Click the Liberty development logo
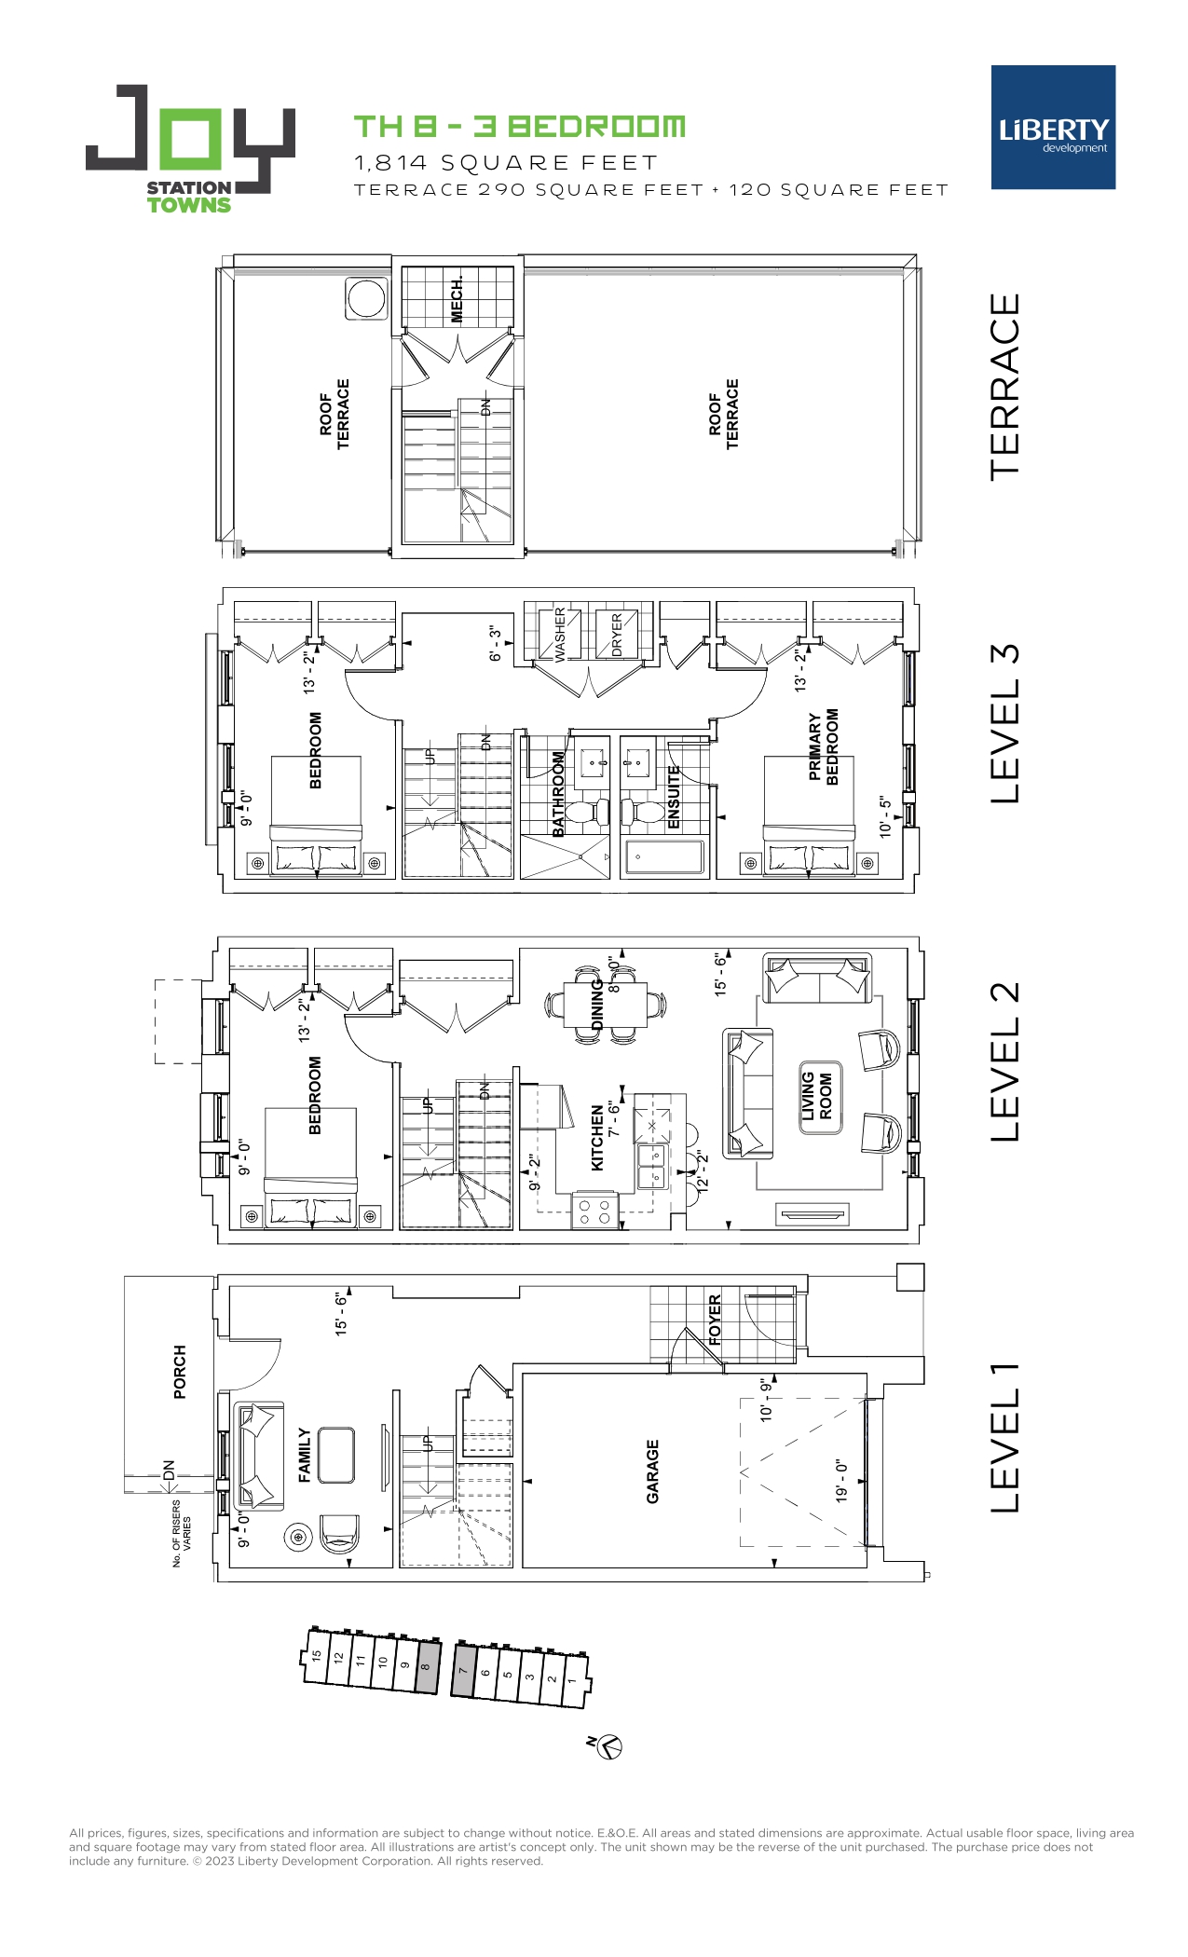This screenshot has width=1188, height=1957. pyautogui.click(x=1053, y=128)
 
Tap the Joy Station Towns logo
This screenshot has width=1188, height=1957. pyautogui.click(x=191, y=149)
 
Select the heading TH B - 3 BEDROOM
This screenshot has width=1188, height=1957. pyautogui.click(x=520, y=127)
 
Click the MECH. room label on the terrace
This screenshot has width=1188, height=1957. pyautogui.click(x=457, y=299)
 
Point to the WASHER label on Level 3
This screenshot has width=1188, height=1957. pyautogui.click(x=560, y=634)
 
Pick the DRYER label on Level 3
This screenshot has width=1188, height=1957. pyautogui.click(x=617, y=635)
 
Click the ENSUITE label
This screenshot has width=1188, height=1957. pyautogui.click(x=674, y=797)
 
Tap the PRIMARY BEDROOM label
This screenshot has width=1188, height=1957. pyautogui.click(x=824, y=746)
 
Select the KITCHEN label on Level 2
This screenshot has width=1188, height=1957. pyautogui.click(x=597, y=1138)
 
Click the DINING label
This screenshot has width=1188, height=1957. pyautogui.click(x=597, y=1005)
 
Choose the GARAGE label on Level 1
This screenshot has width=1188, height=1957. pyautogui.click(x=652, y=1471)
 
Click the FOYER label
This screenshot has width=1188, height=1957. pyautogui.click(x=715, y=1320)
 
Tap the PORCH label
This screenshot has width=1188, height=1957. pyautogui.click(x=180, y=1372)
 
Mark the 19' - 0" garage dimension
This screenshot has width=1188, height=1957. pyautogui.click(x=841, y=1481)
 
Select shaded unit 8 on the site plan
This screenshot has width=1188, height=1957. pyautogui.click(x=426, y=1667)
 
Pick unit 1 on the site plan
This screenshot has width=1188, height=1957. pyautogui.click(x=573, y=1682)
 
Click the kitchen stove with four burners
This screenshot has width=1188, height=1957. pyautogui.click(x=594, y=1211)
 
